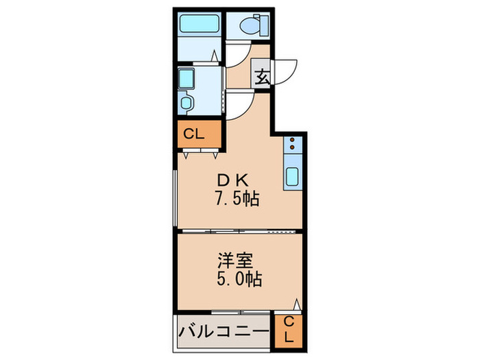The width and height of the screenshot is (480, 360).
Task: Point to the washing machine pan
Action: [187, 80]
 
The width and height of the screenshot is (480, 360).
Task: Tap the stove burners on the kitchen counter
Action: [292, 145]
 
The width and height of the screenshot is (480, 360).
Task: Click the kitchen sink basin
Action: [292, 177]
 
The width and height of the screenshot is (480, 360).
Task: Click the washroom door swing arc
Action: [239, 104]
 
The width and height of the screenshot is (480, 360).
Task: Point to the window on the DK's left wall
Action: [176, 195]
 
